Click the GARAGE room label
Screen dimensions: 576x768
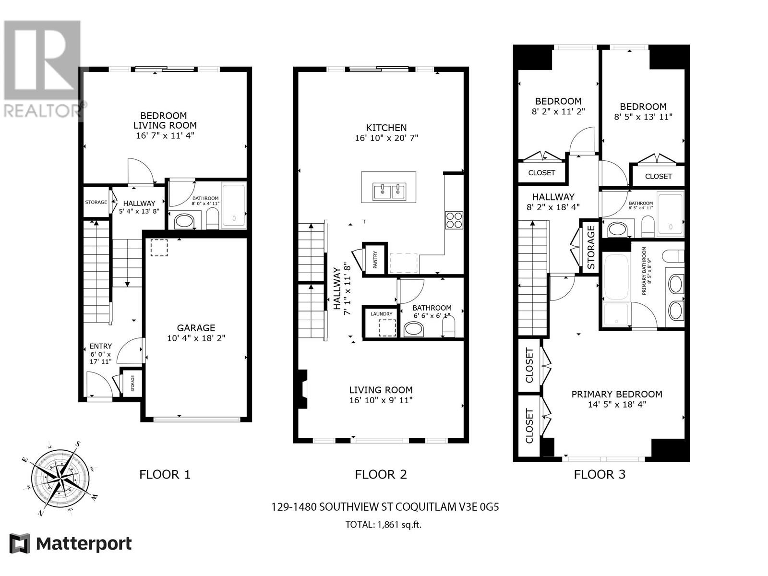pyautogui.click(x=196, y=328)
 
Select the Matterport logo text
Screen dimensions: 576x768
pyautogui.click(x=84, y=544)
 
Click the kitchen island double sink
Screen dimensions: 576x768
pyautogui.click(x=389, y=192)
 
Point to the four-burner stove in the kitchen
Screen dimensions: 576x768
pyautogui.click(x=454, y=220)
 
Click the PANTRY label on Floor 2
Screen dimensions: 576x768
pyautogui.click(x=375, y=260)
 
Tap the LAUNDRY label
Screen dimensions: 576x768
pyautogui.click(x=382, y=314)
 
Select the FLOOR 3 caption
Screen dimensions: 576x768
pyautogui.click(x=600, y=475)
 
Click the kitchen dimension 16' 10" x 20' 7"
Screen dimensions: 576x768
pyautogui.click(x=386, y=138)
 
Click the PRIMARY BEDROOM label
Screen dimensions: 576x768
pyautogui.click(x=617, y=394)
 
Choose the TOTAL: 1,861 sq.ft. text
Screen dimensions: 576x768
pyautogui.click(x=383, y=525)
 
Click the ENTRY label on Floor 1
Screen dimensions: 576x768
pyautogui.click(x=101, y=346)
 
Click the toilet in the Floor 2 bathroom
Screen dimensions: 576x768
pyautogui.click(x=448, y=328)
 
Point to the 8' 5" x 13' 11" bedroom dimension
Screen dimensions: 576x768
pyautogui.click(x=643, y=117)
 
